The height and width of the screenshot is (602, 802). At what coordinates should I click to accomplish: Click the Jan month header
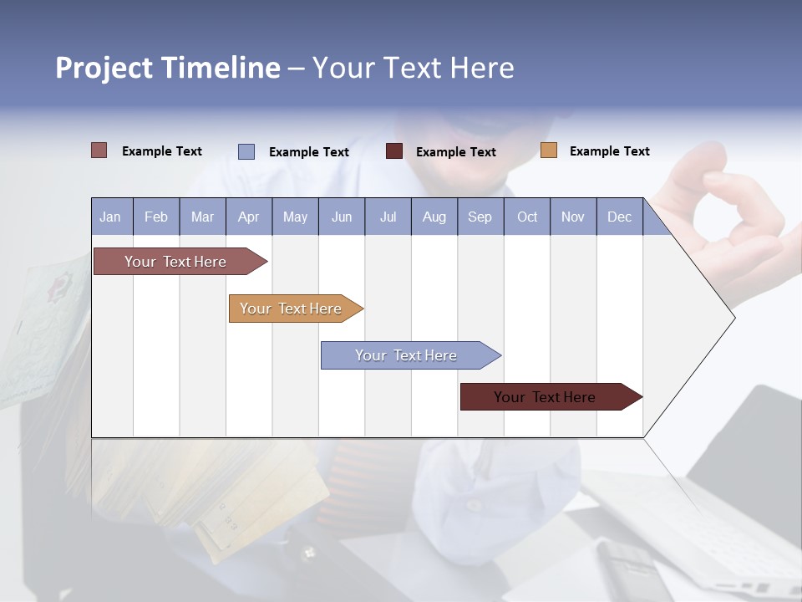111,217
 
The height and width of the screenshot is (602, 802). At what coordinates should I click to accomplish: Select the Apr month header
249,217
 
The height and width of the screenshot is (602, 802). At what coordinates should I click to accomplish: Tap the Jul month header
388,217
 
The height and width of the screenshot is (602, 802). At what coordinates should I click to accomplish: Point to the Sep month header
480,217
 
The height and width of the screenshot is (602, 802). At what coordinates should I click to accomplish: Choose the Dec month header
619,217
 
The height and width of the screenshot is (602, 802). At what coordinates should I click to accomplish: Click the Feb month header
156,217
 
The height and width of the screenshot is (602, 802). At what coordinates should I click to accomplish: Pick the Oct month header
527,217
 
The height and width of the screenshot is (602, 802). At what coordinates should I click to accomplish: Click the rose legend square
99,150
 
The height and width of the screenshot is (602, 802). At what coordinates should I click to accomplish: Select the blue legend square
246,151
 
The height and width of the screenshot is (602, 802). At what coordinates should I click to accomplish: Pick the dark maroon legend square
393,151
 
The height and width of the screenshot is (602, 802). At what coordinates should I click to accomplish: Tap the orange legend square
548,150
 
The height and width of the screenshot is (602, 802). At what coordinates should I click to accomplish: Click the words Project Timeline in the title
167,68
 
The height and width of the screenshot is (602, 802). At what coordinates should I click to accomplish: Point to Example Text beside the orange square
609,151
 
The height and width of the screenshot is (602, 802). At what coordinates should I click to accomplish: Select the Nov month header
573,217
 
